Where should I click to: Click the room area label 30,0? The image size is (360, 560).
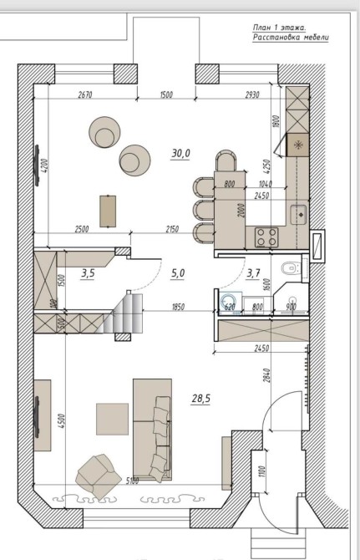click(x=181, y=154)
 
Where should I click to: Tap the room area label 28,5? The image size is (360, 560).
click(x=200, y=399)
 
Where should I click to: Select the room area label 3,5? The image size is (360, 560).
click(x=88, y=274)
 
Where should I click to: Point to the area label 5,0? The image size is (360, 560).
click(x=178, y=273)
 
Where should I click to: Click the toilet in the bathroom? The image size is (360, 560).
click(x=290, y=267)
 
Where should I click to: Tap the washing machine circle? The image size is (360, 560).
click(x=227, y=302)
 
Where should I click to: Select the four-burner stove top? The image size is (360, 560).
click(x=266, y=237)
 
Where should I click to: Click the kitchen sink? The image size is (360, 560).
click(x=299, y=215)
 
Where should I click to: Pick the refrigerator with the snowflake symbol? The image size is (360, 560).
click(x=297, y=145)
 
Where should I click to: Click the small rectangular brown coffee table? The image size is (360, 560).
click(x=108, y=211)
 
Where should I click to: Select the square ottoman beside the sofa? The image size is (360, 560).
click(x=113, y=419)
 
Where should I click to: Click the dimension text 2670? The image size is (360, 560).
click(x=85, y=94)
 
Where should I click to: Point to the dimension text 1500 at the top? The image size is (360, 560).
click(x=166, y=94)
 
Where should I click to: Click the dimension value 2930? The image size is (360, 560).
click(x=252, y=94)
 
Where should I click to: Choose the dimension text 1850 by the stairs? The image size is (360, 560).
click(x=178, y=307)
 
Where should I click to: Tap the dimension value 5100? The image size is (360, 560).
click(x=132, y=481)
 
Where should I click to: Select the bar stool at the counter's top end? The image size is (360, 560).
click(x=226, y=160)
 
